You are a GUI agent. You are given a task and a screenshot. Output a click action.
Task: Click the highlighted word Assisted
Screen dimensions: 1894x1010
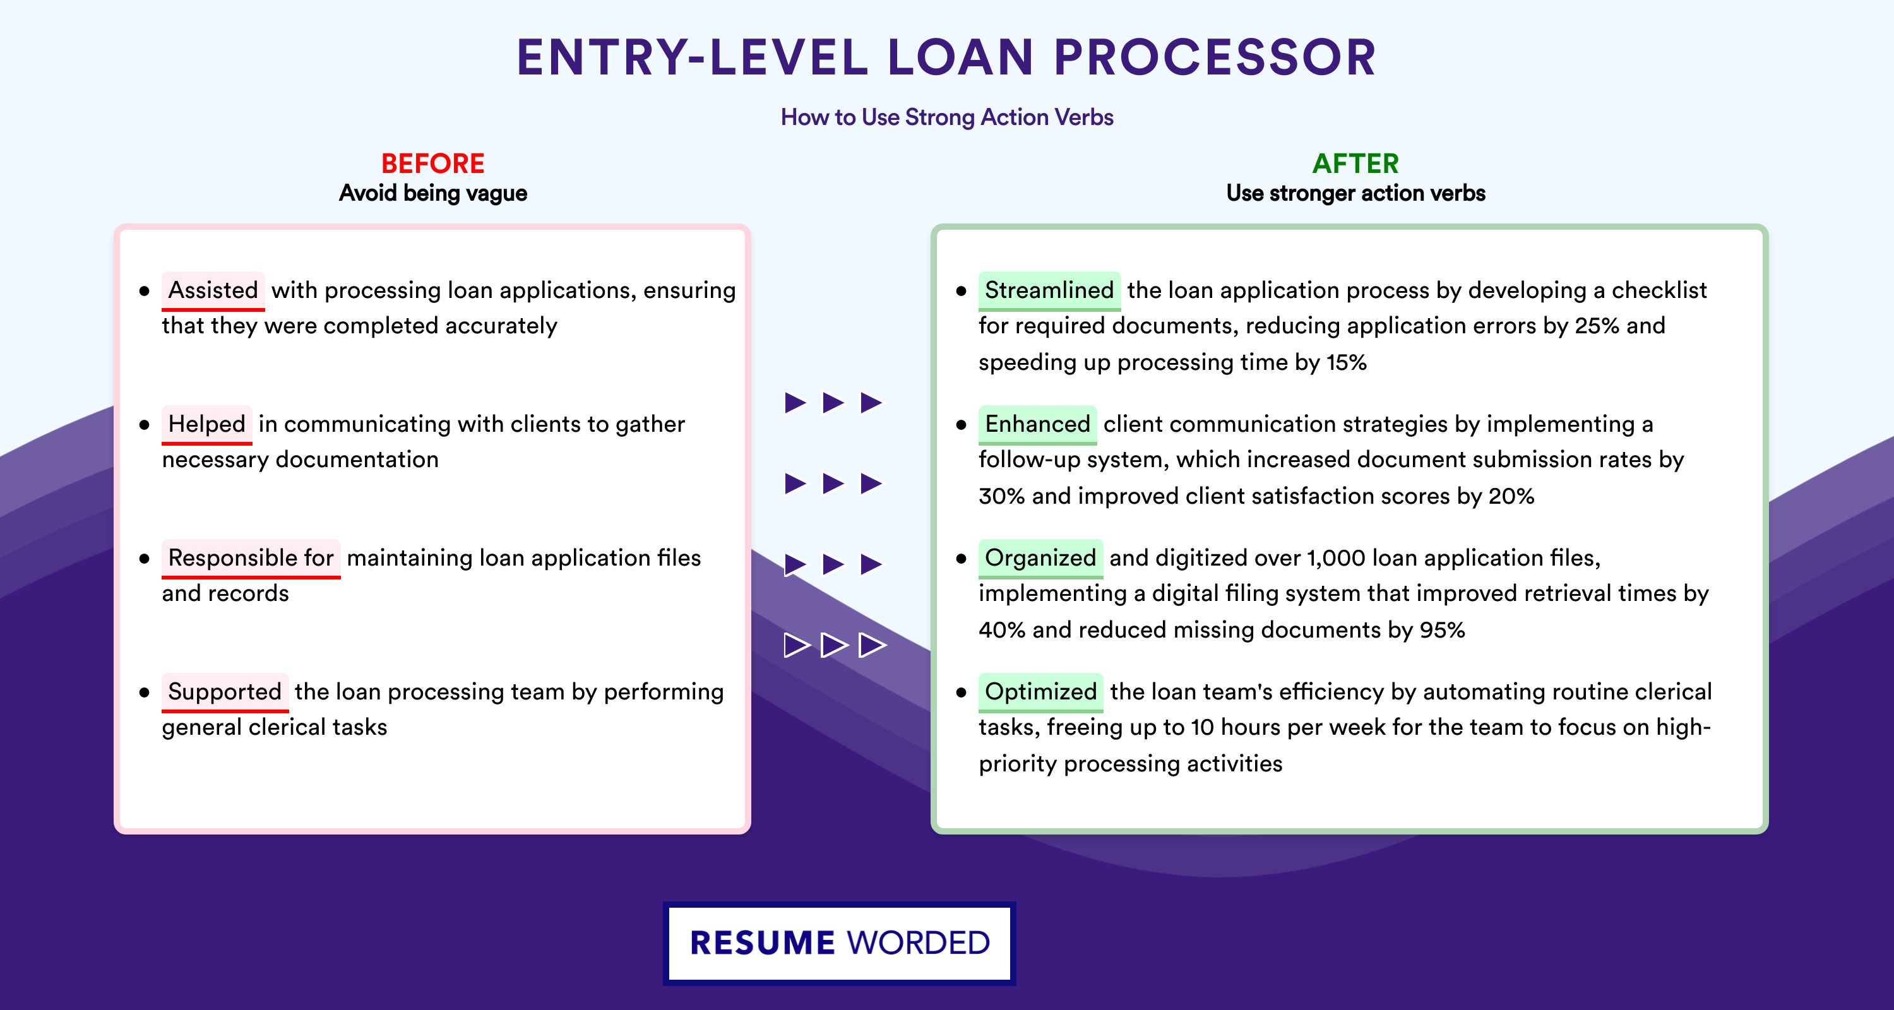213,290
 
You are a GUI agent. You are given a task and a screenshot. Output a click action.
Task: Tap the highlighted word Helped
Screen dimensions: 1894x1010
206,424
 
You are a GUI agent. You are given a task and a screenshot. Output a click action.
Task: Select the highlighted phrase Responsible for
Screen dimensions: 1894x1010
251,558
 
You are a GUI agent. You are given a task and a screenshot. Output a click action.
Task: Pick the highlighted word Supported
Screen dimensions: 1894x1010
225,692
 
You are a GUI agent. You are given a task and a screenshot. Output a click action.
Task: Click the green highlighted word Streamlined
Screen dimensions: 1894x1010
1049,290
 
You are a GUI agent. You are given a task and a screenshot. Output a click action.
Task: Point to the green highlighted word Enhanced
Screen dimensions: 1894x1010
1037,424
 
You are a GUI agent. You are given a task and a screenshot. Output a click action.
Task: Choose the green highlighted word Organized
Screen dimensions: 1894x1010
1040,558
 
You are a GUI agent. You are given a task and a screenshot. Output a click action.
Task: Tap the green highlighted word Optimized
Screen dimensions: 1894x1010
1041,692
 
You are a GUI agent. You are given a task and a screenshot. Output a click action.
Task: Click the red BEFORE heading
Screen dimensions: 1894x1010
433,163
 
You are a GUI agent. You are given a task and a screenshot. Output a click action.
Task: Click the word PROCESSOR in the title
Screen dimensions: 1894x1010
1215,57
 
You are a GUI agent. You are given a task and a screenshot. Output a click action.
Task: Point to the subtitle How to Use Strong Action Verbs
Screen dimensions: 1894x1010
947,117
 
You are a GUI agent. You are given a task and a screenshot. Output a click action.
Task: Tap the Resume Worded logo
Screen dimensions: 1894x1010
840,943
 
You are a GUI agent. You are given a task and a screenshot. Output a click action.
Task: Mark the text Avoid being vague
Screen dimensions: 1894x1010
433,193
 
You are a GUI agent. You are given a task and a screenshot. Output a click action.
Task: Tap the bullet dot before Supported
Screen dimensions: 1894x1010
144,692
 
